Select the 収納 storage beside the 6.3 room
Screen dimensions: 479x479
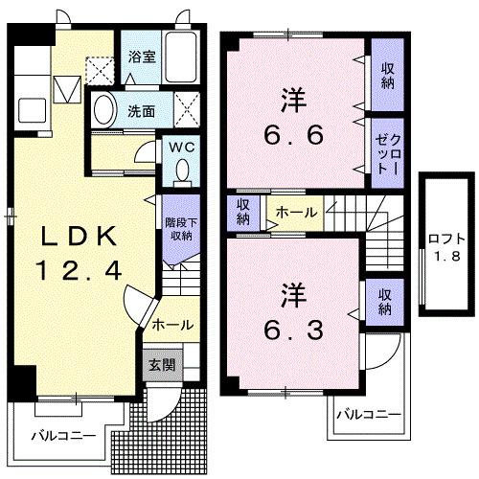tap(384, 301)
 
